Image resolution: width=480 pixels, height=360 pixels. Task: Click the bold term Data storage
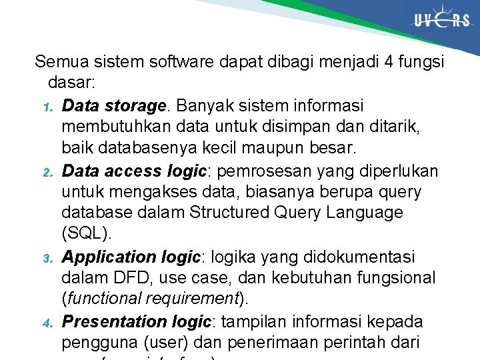[113, 106]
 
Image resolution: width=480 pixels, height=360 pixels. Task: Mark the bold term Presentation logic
[136, 321]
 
